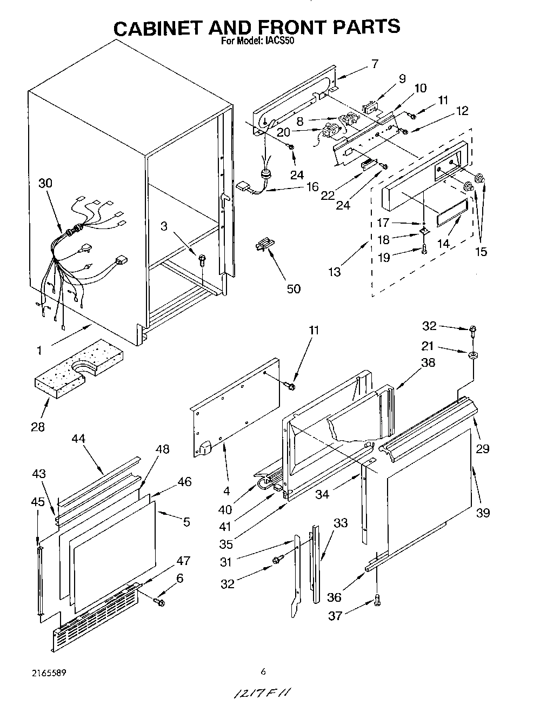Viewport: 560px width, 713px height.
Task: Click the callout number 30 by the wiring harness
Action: point(45,183)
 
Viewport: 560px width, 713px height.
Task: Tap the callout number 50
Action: point(294,288)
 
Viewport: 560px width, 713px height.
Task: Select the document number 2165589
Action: point(49,673)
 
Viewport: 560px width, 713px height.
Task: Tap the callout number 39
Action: point(483,513)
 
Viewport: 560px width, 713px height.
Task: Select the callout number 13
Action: point(335,272)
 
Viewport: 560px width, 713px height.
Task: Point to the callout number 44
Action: point(78,439)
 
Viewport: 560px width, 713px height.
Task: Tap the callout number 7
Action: point(374,64)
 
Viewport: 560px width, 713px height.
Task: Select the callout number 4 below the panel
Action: point(226,492)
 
